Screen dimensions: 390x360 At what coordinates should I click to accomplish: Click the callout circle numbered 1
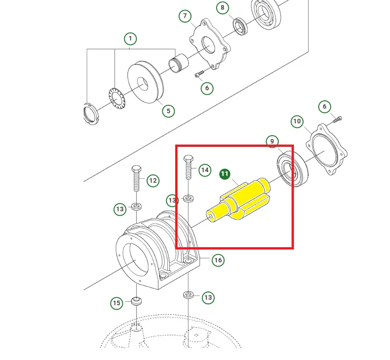click(x=130, y=39)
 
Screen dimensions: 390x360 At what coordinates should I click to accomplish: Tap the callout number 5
click(x=168, y=111)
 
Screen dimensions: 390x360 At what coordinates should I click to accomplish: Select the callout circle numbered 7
click(x=185, y=16)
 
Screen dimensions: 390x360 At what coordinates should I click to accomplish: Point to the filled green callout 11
click(x=224, y=174)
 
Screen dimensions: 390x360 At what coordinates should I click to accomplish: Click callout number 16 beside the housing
click(x=218, y=260)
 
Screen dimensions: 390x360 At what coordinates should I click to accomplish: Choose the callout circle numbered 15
click(x=117, y=303)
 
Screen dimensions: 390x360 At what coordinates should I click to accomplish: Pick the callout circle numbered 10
click(x=297, y=122)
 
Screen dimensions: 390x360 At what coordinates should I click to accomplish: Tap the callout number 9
click(x=272, y=141)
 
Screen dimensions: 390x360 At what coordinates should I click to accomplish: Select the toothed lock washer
click(x=117, y=98)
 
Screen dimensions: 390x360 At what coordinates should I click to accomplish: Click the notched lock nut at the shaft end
click(x=91, y=114)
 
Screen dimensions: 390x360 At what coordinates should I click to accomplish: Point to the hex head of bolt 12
click(x=136, y=169)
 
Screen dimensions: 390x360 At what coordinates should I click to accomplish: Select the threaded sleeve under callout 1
click(x=178, y=63)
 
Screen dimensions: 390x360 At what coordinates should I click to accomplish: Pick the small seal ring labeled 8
click(x=240, y=26)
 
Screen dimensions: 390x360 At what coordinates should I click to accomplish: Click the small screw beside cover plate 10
click(x=338, y=120)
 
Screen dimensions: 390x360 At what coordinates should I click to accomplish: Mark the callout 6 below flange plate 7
click(x=207, y=88)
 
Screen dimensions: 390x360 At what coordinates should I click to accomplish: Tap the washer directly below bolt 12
click(x=136, y=206)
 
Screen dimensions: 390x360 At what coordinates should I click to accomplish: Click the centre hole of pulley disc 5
click(x=143, y=84)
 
